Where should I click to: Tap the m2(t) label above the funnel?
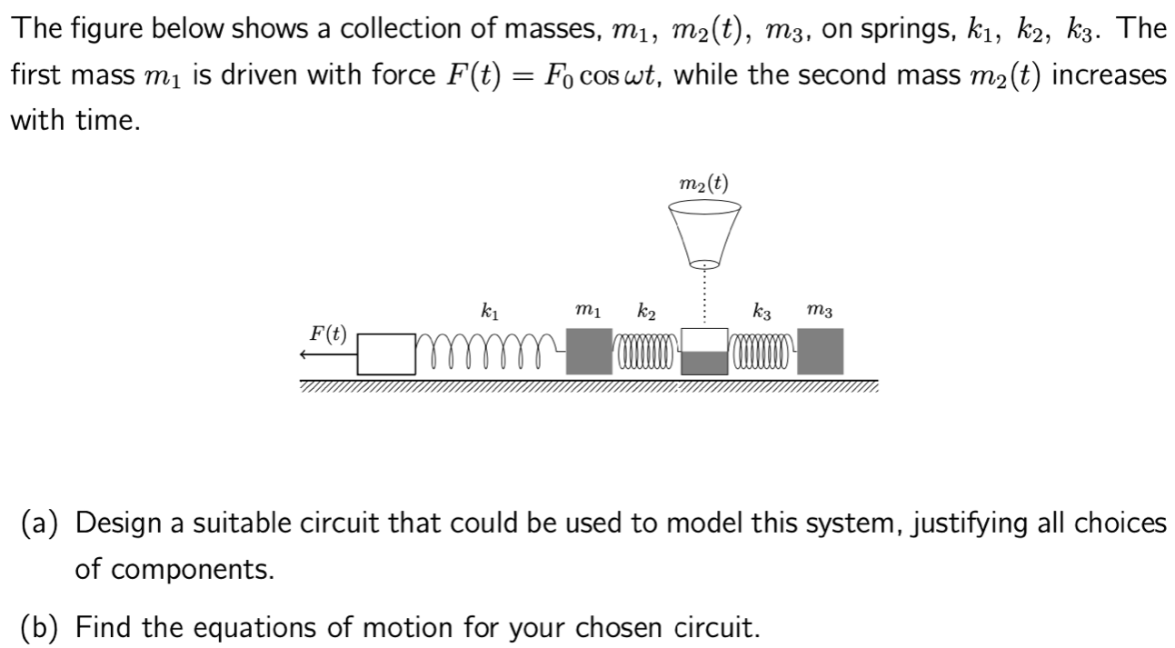tap(703, 184)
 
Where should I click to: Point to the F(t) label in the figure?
tap(328, 333)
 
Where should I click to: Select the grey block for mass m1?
tap(589, 352)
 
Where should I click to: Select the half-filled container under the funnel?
tap(704, 352)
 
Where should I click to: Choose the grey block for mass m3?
tap(821, 352)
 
